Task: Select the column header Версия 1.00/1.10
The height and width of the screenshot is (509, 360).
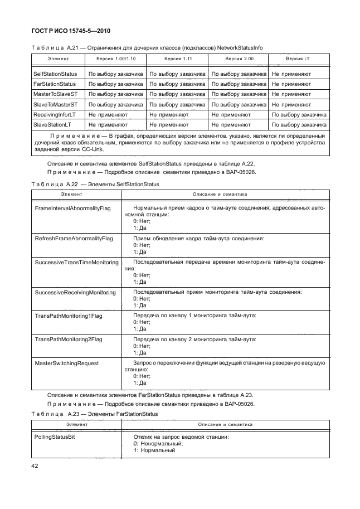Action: [x=115, y=59]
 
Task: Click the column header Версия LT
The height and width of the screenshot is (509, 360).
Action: [x=298, y=59]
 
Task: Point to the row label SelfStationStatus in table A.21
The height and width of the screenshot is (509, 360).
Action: [x=55, y=74]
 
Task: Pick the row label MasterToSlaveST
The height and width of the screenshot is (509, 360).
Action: [x=56, y=94]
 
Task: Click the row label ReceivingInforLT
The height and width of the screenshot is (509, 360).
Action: [x=55, y=114]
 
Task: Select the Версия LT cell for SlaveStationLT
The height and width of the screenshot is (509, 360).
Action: [x=298, y=125]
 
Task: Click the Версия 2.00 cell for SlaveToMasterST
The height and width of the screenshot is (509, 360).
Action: [x=237, y=104]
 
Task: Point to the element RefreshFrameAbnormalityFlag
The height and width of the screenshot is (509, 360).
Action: [x=74, y=238]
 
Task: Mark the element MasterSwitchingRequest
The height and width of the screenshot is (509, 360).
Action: [x=66, y=363]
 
